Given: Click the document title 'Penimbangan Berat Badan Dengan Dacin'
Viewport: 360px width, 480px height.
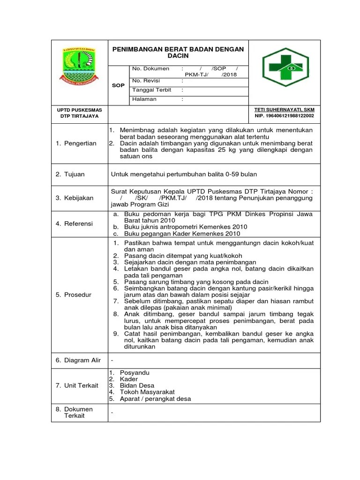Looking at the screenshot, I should [178, 52].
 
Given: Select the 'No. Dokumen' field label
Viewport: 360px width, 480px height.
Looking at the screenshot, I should [150, 69].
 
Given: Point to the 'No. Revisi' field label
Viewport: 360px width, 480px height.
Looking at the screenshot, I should [146, 80].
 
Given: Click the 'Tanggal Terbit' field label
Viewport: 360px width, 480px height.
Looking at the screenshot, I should [152, 90].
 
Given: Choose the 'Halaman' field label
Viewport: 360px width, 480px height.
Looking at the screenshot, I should [144, 99].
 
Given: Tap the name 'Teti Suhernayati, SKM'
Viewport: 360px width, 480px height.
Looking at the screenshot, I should [284, 109].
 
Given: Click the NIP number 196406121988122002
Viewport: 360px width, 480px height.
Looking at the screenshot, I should [284, 116].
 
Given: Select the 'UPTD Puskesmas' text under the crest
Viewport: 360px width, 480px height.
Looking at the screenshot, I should [79, 110].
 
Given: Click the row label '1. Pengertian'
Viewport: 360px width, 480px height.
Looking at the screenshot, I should [76, 143].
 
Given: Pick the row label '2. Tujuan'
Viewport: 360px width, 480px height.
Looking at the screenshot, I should [70, 174].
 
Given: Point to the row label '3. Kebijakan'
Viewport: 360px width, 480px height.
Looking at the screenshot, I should [75, 198].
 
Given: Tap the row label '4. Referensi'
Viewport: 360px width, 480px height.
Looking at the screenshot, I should [75, 224].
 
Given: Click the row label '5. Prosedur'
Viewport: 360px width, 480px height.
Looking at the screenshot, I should [74, 295].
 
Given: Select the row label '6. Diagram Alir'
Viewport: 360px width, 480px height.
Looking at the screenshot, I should [78, 360].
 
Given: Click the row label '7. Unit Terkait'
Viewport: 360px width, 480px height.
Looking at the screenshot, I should [77, 385].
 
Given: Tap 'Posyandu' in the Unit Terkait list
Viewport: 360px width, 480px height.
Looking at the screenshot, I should [135, 372].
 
